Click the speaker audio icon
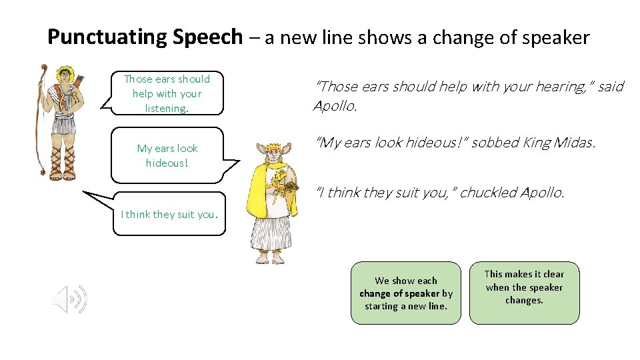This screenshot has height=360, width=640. pyautogui.click(x=69, y=298)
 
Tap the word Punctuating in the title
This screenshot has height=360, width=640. pyautogui.click(x=108, y=37)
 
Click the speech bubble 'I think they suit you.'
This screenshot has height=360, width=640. pyautogui.click(x=169, y=215)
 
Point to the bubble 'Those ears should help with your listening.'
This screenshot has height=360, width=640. pyautogui.click(x=166, y=93)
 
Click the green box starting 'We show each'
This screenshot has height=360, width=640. pyautogui.click(x=405, y=293)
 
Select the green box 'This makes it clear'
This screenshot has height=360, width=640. pyautogui.click(x=524, y=293)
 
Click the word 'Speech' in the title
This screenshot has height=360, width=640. pyautogui.click(x=207, y=37)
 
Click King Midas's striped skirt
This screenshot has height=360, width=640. pyautogui.click(x=271, y=230)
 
